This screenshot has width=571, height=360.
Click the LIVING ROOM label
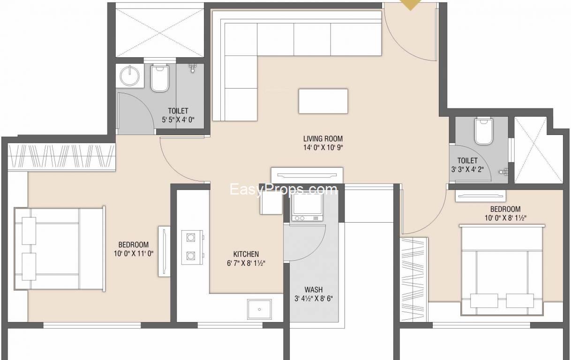click(323, 139)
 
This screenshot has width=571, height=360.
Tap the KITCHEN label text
click(246, 254)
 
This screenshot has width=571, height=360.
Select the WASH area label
click(314, 290)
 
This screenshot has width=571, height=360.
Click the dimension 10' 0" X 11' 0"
click(134, 254)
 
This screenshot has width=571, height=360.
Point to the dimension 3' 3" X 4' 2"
click(467, 169)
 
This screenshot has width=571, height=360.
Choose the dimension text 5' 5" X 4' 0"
click(178, 120)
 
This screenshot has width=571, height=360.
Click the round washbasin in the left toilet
click(130, 75)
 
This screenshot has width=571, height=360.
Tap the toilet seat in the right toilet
click(483, 131)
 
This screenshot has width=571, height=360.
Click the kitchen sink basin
click(259, 309)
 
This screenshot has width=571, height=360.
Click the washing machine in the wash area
click(308, 207)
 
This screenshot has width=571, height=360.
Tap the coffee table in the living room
click(323, 101)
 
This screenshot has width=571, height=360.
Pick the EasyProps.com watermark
click(284, 190)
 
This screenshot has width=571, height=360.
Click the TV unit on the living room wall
click(307, 175)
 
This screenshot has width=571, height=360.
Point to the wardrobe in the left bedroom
click(61, 157)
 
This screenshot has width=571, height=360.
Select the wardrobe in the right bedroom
click(414, 279)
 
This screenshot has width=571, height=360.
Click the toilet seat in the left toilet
click(160, 79)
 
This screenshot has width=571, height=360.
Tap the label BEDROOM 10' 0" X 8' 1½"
click(505, 213)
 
